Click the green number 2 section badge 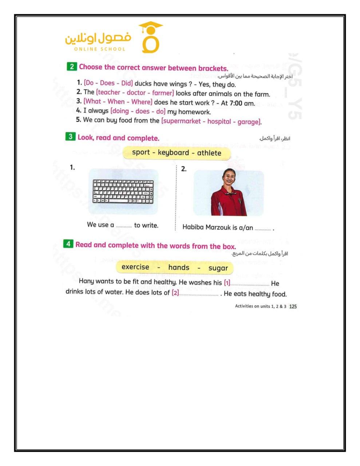[72, 67]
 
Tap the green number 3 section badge [70, 137]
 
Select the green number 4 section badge [68, 244]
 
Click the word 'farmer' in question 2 [163, 93]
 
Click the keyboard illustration [123, 191]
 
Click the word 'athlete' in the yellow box [209, 153]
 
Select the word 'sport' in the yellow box [141, 153]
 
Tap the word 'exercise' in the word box [135, 267]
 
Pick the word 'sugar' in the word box [218, 268]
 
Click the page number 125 [293, 307]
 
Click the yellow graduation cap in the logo [150, 27]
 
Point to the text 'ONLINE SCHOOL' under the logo [99, 49]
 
